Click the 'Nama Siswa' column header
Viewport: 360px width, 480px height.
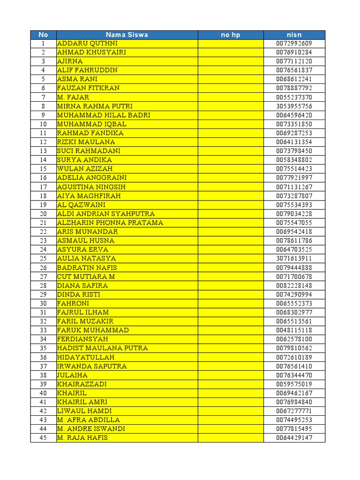[x=127, y=35]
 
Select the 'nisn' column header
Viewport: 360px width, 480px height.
[x=294, y=35]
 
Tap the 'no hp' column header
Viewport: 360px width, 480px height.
[x=230, y=35]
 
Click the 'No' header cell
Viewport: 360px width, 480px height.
[x=43, y=35]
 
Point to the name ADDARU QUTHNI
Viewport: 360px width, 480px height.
[x=87, y=44]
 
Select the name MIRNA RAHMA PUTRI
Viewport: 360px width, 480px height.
[x=95, y=106]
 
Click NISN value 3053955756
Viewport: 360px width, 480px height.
[x=294, y=106]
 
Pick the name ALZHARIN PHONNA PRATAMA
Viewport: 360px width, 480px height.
[x=110, y=223]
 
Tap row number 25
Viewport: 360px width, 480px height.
[x=43, y=258]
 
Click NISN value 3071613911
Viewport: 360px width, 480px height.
[x=294, y=258]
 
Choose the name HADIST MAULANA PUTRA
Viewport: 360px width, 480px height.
[x=102, y=348]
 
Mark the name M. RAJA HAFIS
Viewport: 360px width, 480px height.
[x=82, y=438]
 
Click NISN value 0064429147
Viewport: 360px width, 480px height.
[x=294, y=438]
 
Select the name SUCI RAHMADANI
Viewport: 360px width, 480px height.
[x=89, y=151]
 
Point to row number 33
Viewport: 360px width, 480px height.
[x=43, y=330]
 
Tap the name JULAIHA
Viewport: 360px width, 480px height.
[x=72, y=375]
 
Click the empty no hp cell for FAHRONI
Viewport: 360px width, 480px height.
[x=230, y=303]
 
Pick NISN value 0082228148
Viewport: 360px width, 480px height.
[x=294, y=285]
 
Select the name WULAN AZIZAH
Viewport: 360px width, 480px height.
[x=85, y=169]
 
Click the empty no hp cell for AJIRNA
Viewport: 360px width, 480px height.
[x=230, y=61]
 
